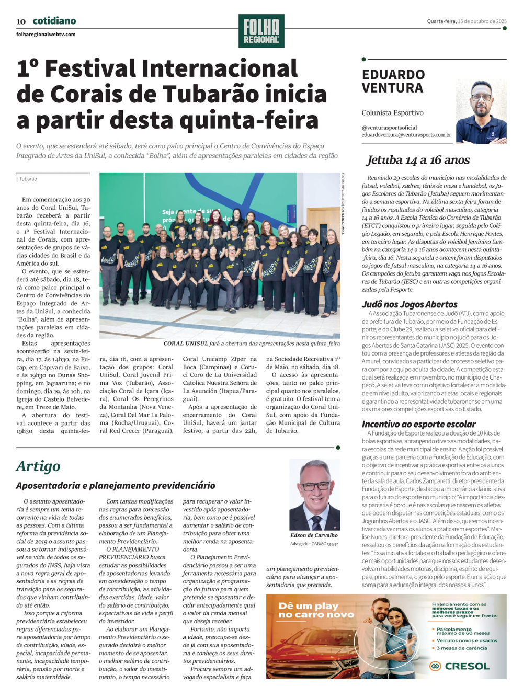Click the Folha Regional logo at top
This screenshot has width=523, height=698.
(261, 31)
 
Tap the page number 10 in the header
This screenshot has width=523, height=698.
(21, 21)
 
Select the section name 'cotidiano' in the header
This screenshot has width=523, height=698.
(54, 21)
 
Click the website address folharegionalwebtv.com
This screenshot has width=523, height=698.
(46, 35)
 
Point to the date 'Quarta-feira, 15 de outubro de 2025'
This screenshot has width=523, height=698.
(467, 21)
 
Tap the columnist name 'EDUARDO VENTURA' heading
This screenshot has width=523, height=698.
(393, 81)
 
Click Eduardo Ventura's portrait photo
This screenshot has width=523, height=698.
(481, 112)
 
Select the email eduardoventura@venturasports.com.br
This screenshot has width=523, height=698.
(406, 135)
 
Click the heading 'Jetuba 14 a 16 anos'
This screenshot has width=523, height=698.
(418, 160)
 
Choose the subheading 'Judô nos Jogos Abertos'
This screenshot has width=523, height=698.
(410, 304)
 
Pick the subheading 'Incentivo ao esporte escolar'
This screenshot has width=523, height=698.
(418, 424)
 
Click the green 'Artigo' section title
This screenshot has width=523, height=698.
(38, 466)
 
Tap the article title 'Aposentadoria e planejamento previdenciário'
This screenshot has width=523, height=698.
(116, 486)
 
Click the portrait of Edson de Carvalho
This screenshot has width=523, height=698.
(314, 495)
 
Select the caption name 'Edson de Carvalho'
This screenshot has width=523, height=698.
(314, 535)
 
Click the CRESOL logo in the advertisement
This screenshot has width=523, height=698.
(459, 666)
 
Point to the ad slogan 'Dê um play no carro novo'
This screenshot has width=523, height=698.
(316, 610)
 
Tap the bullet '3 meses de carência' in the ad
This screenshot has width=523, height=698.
(462, 648)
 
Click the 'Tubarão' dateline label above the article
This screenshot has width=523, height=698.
(28, 179)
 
